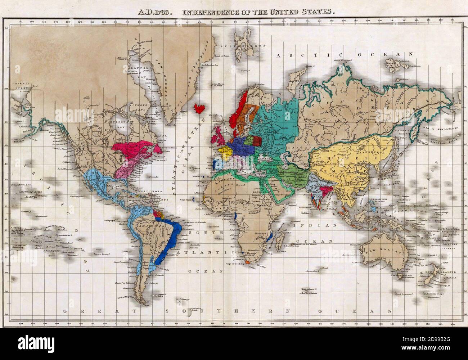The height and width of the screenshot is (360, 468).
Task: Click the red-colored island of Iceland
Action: (199, 108)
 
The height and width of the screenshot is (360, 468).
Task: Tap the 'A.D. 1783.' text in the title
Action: (151, 12)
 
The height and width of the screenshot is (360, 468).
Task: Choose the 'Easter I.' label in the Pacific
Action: (105, 254)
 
